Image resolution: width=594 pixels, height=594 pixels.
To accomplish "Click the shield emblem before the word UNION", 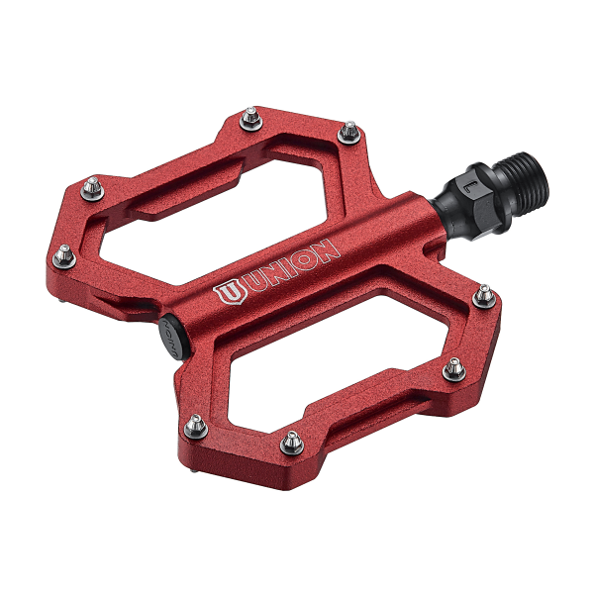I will click(x=227, y=293).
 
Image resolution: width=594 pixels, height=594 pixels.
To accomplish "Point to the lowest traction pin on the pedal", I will click(x=291, y=441).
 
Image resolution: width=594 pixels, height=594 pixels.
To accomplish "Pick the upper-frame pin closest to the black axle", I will click(x=347, y=129).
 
